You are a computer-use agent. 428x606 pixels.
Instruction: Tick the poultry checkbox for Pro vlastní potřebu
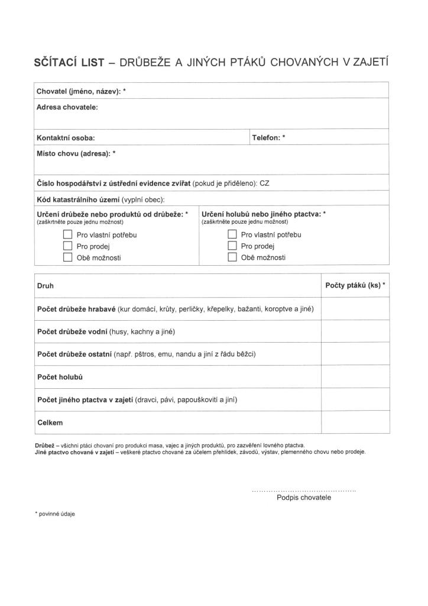click(67, 234)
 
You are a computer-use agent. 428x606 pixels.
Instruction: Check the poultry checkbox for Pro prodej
click(67, 246)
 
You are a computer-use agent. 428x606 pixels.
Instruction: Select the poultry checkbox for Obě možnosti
click(67, 257)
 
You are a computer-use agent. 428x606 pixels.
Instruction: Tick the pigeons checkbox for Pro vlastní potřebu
click(232, 234)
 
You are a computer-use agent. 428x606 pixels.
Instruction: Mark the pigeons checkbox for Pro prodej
click(232, 246)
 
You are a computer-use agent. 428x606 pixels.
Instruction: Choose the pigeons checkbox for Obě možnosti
click(232, 257)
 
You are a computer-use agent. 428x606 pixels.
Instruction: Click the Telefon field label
click(268, 137)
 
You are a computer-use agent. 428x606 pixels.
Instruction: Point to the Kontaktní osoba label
click(66, 138)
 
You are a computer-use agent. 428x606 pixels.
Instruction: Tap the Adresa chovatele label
click(67, 107)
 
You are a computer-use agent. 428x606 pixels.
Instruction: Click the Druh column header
click(45, 285)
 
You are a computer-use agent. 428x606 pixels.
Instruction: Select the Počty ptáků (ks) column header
click(355, 285)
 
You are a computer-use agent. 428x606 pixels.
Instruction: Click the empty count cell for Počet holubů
click(355, 376)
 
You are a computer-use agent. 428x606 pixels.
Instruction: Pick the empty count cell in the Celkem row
click(355, 423)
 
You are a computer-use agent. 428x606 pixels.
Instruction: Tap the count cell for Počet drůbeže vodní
click(355, 331)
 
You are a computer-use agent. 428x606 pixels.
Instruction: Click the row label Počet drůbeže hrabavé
click(76, 309)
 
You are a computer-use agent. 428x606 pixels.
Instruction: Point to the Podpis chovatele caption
click(304, 497)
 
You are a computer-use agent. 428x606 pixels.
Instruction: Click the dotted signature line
click(304, 491)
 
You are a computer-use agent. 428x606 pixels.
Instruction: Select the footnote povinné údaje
click(56, 514)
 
